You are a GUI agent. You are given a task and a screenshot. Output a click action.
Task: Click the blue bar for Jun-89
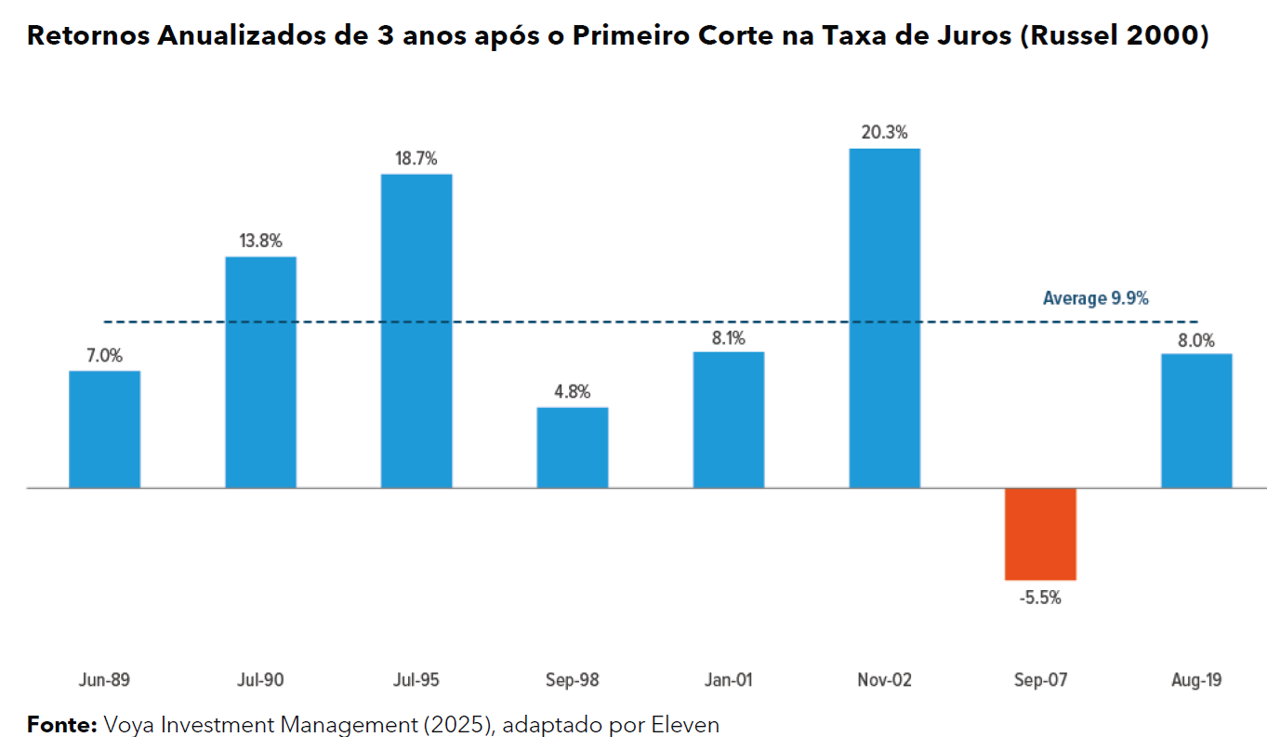click(105, 429)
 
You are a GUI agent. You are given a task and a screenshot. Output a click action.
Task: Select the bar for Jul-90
click(261, 372)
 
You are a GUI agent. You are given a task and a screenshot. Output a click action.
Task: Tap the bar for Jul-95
click(416, 331)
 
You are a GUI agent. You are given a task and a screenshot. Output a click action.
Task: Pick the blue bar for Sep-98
click(573, 447)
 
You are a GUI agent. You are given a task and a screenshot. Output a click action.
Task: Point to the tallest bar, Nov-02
click(885, 318)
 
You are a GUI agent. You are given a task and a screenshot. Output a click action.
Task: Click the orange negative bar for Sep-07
click(1040, 533)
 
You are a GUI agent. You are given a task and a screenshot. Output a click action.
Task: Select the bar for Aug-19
click(1196, 420)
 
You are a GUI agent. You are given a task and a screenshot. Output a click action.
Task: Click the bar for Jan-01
click(729, 419)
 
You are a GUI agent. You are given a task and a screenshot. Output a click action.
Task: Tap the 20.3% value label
click(885, 133)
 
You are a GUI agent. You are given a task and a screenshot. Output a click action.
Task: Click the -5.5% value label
click(1040, 598)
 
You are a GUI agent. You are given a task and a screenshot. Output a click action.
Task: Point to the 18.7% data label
click(416, 158)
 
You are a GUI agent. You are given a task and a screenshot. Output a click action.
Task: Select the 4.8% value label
click(573, 391)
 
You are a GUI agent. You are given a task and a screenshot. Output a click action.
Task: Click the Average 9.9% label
click(1096, 298)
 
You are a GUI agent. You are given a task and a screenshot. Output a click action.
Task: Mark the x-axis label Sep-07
click(1040, 680)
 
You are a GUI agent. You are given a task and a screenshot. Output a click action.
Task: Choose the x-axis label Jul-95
click(416, 680)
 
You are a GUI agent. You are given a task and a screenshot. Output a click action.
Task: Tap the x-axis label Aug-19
click(1196, 680)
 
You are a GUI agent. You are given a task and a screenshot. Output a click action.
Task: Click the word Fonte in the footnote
click(61, 724)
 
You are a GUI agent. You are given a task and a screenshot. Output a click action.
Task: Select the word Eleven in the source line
click(690, 724)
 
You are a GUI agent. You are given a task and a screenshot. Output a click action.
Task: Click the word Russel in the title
click(1078, 36)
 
